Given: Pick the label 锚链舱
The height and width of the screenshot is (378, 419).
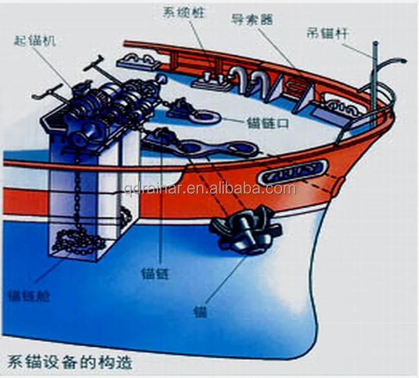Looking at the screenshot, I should [x=28, y=297].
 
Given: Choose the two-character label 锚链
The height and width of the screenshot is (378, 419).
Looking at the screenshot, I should [x=153, y=274].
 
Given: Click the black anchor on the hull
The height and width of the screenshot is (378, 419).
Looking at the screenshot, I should [x=245, y=229].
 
